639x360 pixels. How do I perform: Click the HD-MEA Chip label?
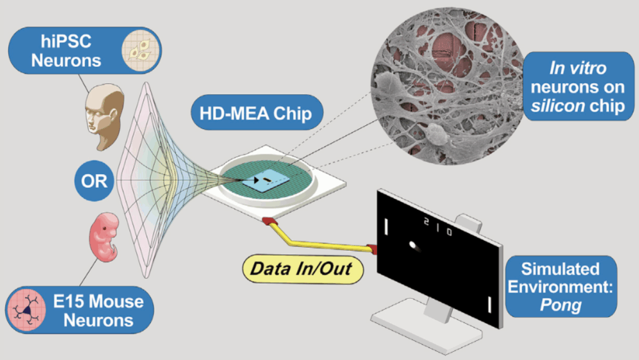(256, 113)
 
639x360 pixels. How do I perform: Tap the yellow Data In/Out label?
(302, 269)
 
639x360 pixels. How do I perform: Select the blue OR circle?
(94, 181)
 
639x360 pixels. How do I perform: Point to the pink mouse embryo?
(104, 237)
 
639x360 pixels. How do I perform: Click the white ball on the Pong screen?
(413, 246)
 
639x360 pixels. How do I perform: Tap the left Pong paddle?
(386, 226)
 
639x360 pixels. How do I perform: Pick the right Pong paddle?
(489, 304)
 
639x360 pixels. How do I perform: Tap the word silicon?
(558, 106)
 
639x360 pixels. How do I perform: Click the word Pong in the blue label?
(561, 305)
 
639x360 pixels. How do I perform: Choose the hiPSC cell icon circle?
(140, 50)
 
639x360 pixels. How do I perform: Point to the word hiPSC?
(66, 42)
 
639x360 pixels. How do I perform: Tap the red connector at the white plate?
(270, 222)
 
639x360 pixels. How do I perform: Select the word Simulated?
(560, 269)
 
